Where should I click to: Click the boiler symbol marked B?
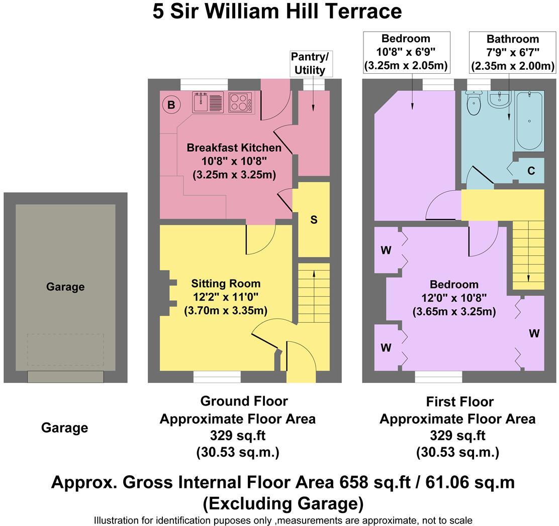171,105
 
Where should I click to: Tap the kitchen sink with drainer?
208,102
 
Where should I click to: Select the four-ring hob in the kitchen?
240,102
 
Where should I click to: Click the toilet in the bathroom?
474,103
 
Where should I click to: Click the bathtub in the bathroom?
529,121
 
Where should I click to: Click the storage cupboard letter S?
314,220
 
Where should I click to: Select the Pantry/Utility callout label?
310,63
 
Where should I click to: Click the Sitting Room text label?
226,284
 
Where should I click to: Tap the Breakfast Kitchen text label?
234,148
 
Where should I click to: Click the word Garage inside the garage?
65,287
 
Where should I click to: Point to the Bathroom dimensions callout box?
513,52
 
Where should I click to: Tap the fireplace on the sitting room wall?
168,293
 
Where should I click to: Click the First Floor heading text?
460,402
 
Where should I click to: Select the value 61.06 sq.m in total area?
470,483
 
